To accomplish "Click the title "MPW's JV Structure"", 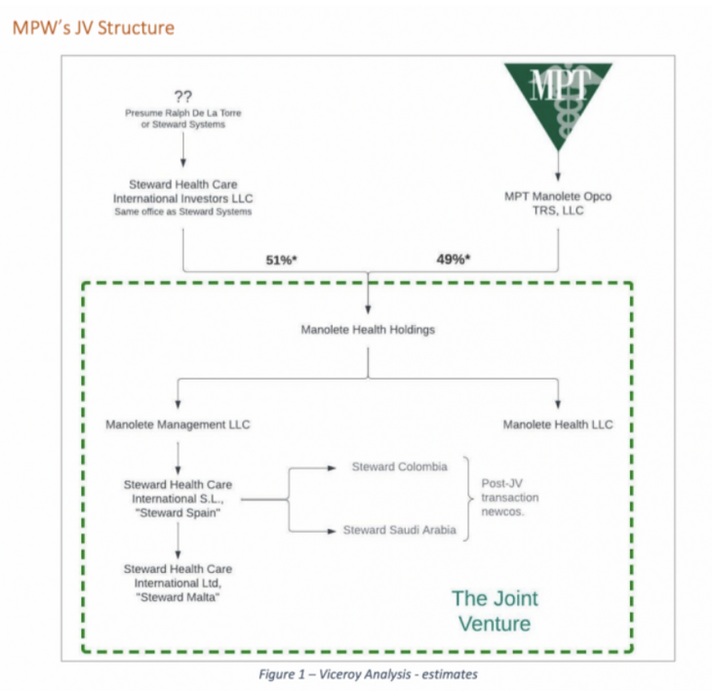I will pyautogui.click(x=92, y=27).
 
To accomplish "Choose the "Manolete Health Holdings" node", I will pyautogui.click(x=368, y=329).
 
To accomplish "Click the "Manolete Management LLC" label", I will pyautogui.click(x=178, y=425).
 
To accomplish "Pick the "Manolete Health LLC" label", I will pyautogui.click(x=557, y=425).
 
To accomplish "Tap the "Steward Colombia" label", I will pyautogui.click(x=399, y=467).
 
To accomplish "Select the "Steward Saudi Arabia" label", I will pyautogui.click(x=399, y=530).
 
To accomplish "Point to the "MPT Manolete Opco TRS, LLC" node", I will pyautogui.click(x=557, y=204).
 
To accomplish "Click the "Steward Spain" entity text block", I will pyautogui.click(x=178, y=498).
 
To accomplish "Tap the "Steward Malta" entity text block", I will pyautogui.click(x=178, y=583).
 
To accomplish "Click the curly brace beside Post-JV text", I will pyautogui.click(x=469, y=498).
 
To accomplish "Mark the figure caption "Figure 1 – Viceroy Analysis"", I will pyautogui.click(x=367, y=675).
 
